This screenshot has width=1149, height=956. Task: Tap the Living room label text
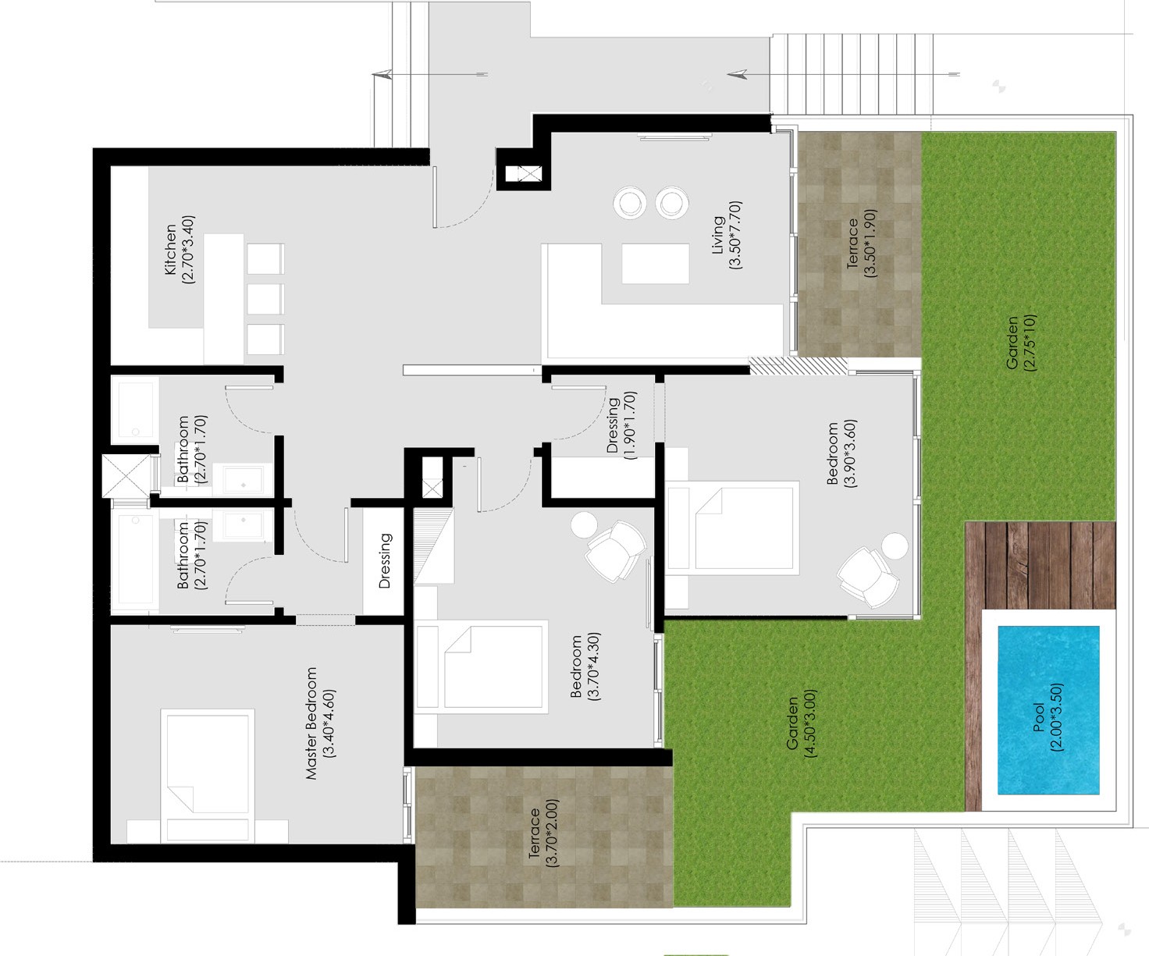(x=717, y=235)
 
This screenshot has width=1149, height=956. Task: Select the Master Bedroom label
(x=311, y=723)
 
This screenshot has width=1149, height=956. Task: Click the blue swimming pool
(x=1048, y=710)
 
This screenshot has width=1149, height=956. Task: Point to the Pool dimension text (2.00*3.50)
(x=1056, y=717)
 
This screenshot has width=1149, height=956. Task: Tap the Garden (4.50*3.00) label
(x=801, y=723)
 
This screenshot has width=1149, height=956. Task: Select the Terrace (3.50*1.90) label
(x=861, y=243)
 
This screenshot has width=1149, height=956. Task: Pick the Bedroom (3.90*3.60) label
(x=841, y=453)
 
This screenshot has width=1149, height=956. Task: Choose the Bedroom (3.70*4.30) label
(x=585, y=666)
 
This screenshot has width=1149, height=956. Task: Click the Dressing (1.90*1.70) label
(x=621, y=425)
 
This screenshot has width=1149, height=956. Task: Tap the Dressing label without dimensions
(x=385, y=560)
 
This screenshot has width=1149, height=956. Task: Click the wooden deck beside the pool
(x=1040, y=567)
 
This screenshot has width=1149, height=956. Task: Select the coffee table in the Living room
(x=656, y=264)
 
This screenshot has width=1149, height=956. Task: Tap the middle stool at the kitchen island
(x=265, y=300)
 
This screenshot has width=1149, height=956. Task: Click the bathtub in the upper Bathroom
(x=135, y=410)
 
